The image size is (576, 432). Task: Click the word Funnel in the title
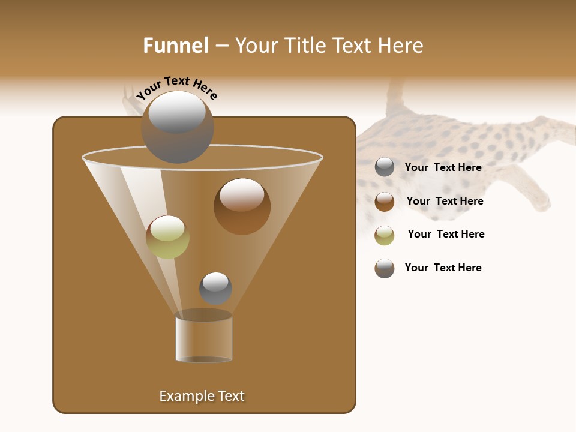pos(175,46)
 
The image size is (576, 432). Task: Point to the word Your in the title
pos(255,46)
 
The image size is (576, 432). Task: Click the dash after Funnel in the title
pos(221,46)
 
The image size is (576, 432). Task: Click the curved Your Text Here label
pos(177,88)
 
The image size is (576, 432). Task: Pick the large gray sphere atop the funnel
pos(177,127)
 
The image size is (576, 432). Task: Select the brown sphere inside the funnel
pos(242,206)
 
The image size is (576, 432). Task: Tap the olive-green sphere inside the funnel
pos(167,236)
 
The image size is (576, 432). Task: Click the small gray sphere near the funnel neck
pos(215,288)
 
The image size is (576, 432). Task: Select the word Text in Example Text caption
pos(230,396)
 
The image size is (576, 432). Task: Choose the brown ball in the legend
pos(385,202)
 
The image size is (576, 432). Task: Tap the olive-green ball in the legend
pos(385,235)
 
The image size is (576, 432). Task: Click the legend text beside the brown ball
pos(445,201)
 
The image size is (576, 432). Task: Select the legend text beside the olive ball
pos(446,234)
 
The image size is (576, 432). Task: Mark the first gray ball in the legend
pos(385,167)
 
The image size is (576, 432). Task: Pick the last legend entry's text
pos(443,268)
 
